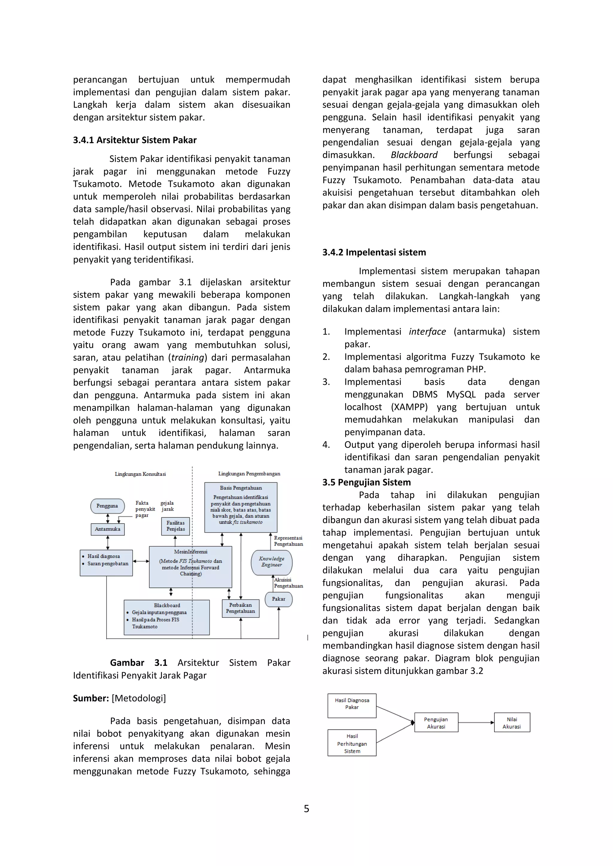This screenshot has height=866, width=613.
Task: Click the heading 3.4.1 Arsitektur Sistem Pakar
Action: pyautogui.click(x=135, y=140)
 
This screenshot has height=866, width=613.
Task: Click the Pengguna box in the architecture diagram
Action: pyautogui.click(x=107, y=506)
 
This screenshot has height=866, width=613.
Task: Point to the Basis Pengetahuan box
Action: pyautogui.click(x=241, y=507)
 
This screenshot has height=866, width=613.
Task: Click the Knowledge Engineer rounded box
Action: pyautogui.click(x=271, y=562)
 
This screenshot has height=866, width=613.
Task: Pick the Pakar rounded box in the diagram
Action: pyautogui.click(x=279, y=599)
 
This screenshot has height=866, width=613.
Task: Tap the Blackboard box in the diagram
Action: pyautogui.click(x=166, y=617)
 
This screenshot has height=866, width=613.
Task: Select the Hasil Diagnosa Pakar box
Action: pyautogui.click(x=352, y=705)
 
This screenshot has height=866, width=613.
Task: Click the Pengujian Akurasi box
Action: pyautogui.click(x=436, y=723)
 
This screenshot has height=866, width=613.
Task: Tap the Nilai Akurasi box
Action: pyautogui.click(x=512, y=723)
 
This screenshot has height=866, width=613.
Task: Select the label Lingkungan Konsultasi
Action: pyautogui.click(x=140, y=474)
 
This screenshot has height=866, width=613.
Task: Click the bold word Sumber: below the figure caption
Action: pyautogui.click(x=91, y=698)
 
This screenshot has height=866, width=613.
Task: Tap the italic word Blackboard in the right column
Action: pyautogui.click(x=414, y=155)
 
